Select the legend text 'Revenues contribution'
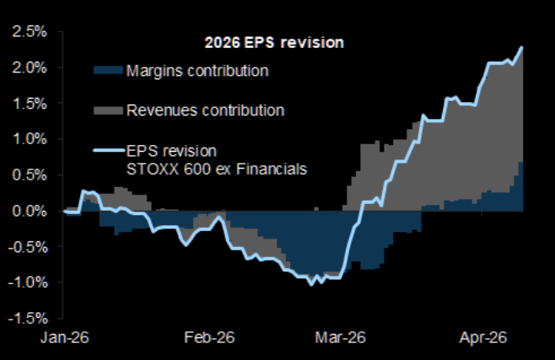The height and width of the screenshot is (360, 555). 205,110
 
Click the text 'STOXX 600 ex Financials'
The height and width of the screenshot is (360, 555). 216,169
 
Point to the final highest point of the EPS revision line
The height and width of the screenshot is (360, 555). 523,47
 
